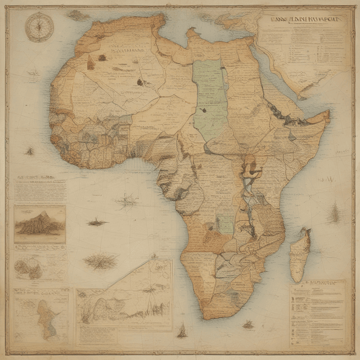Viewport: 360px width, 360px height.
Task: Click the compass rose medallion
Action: coord(39,26)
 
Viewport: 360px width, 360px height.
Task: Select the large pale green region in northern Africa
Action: coord(209,93)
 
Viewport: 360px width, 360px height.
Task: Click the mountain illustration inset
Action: coord(39,224)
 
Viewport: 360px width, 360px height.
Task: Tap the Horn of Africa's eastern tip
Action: coord(328,115)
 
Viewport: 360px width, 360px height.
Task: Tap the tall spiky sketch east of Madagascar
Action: coord(336,213)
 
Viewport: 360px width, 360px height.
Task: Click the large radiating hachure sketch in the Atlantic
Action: coord(101,261)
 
